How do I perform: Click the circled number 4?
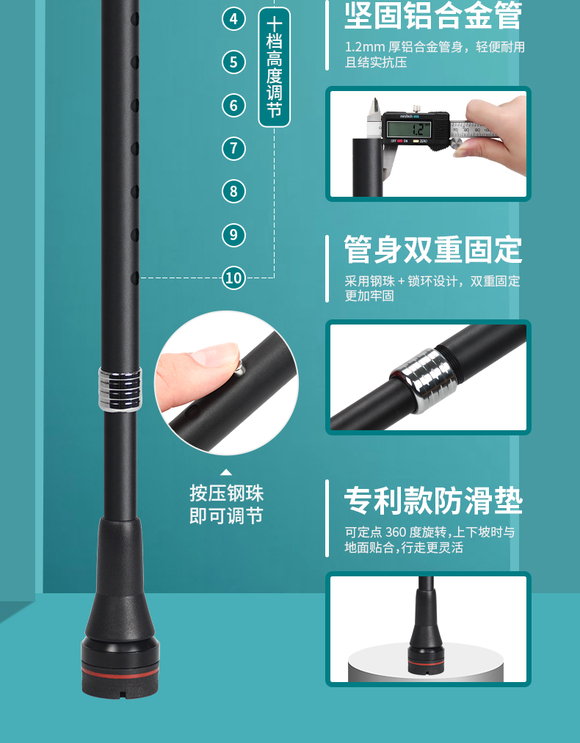(233, 19)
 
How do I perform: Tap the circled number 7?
(233, 148)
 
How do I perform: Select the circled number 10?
(233, 278)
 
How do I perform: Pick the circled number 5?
(233, 62)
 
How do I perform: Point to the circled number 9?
(233, 234)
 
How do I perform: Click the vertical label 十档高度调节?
(275, 68)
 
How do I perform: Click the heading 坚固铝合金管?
(433, 15)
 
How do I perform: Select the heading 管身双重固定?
(433, 249)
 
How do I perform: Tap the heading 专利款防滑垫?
(433, 501)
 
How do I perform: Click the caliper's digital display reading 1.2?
(408, 129)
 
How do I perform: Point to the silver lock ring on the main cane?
(120, 389)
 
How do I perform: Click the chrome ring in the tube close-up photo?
(423, 380)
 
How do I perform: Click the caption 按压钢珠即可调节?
(227, 504)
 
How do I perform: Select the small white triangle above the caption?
(226, 472)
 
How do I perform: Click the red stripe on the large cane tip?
(120, 672)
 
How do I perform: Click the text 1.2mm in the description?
(364, 47)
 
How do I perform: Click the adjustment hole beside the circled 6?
(135, 105)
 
